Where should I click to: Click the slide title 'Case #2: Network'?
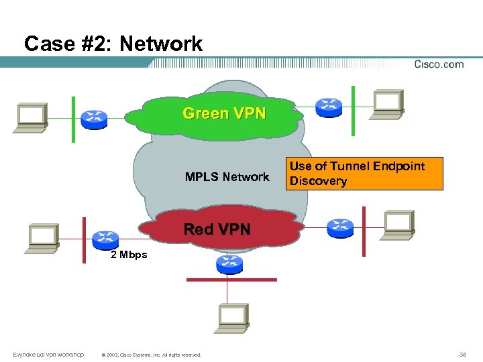pyautogui.click(x=113, y=44)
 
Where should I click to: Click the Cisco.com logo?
pyautogui.click(x=439, y=64)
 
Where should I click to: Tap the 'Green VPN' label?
pyautogui.click(x=224, y=113)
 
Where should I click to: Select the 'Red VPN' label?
pyautogui.click(x=217, y=229)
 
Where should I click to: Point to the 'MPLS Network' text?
pyautogui.click(x=227, y=177)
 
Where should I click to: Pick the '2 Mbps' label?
pyautogui.click(x=129, y=255)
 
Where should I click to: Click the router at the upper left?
pyautogui.click(x=94, y=119)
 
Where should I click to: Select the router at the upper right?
pyautogui.click(x=328, y=105)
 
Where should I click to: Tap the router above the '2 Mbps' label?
pyautogui.click(x=105, y=237)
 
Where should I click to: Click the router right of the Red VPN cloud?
pyautogui.click(x=339, y=228)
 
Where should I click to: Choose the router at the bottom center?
pyautogui.click(x=229, y=264)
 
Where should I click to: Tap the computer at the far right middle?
pyautogui.click(x=398, y=224)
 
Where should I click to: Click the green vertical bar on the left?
pyautogui.click(x=73, y=119)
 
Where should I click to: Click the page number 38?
pyautogui.click(x=462, y=355)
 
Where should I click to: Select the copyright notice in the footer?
pyautogui.click(x=150, y=355)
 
